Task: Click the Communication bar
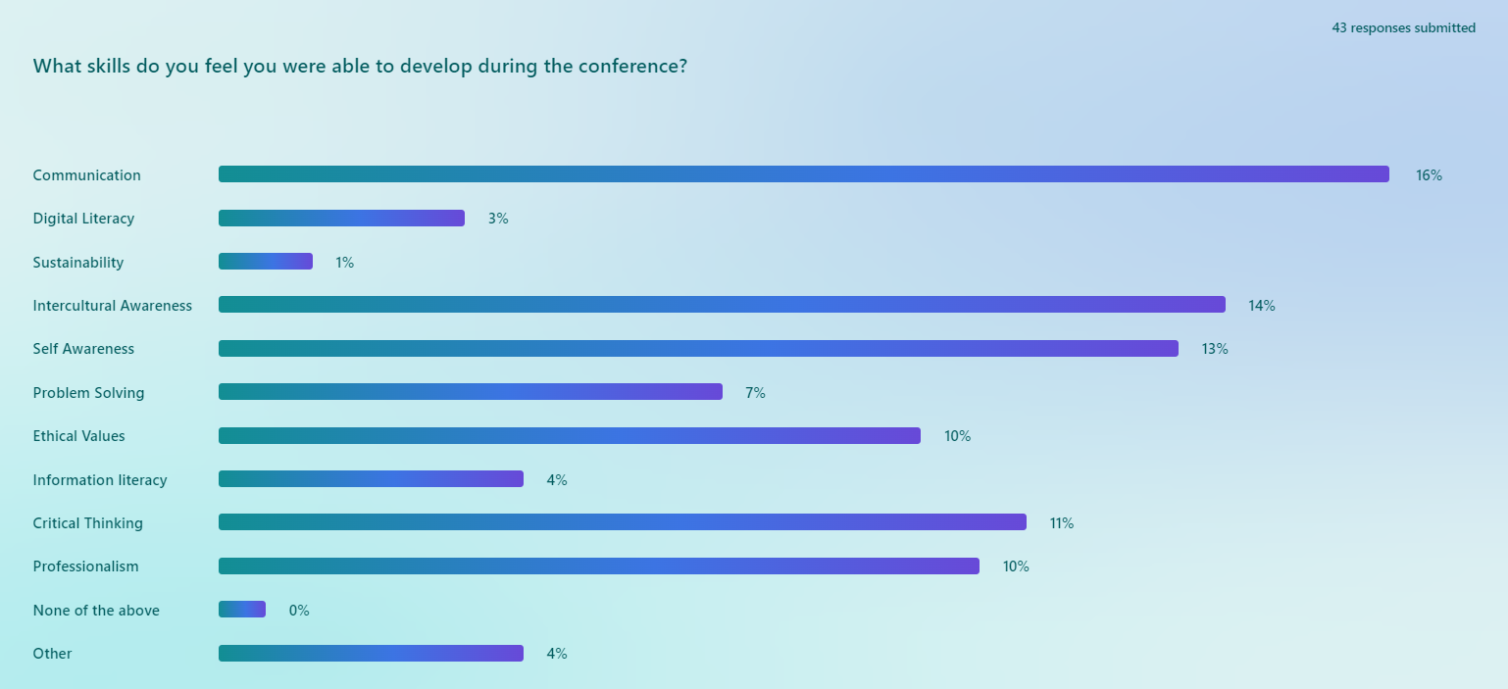click(803, 174)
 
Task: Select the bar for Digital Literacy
click(341, 218)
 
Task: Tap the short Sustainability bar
click(266, 262)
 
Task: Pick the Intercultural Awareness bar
click(722, 305)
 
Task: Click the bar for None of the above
click(242, 610)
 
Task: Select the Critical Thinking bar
click(622, 522)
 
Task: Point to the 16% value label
click(1429, 175)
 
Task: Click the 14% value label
click(1261, 306)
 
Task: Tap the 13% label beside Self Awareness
click(1214, 349)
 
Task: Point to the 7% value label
click(755, 393)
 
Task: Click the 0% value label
click(298, 611)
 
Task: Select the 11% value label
click(1061, 523)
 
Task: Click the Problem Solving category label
click(88, 393)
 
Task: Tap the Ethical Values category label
click(78, 436)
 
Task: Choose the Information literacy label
click(100, 480)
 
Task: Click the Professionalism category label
click(85, 566)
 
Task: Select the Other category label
click(52, 654)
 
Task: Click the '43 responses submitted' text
click(1403, 28)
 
